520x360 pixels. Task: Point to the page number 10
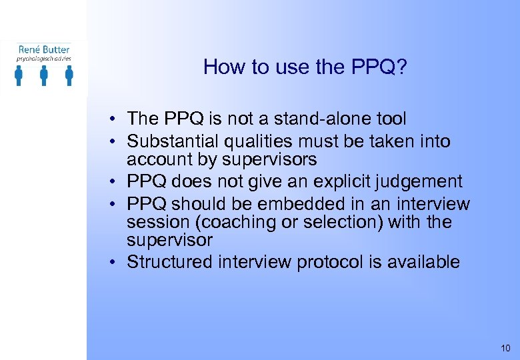pos(504,347)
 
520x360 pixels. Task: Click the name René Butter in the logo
pos(44,49)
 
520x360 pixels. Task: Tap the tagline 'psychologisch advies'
pos(44,59)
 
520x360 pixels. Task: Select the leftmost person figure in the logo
pos(19,76)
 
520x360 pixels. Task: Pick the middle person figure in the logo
pos(44,76)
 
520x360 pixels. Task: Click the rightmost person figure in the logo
pos(69,76)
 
